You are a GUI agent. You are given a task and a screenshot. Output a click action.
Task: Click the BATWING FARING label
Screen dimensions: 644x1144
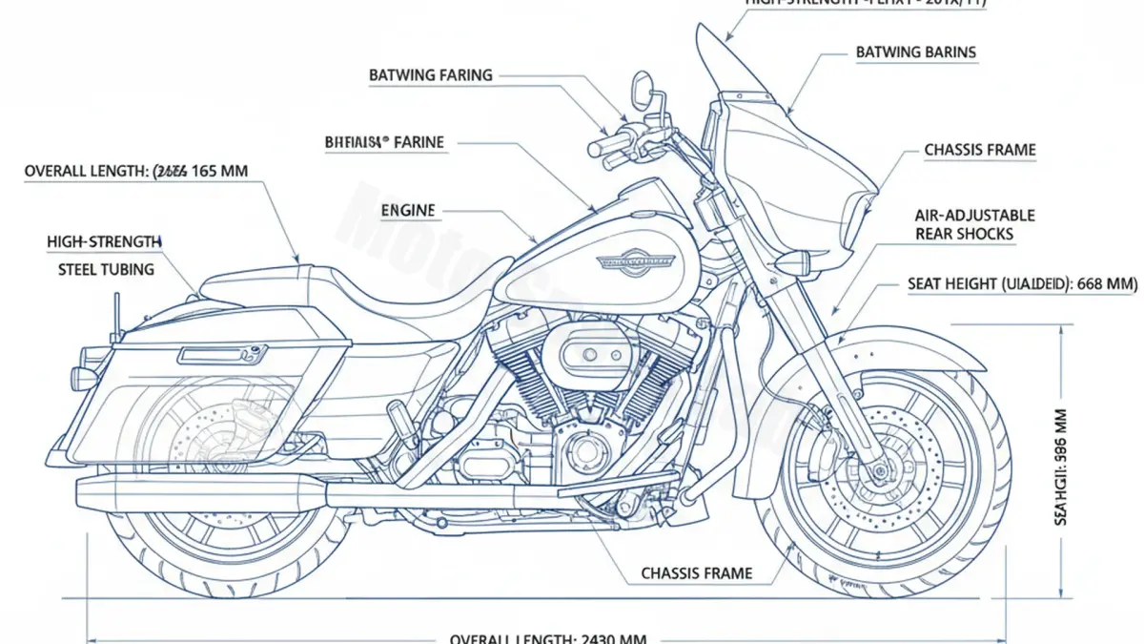(x=431, y=74)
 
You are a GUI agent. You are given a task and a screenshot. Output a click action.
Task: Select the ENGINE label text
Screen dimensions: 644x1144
(x=408, y=210)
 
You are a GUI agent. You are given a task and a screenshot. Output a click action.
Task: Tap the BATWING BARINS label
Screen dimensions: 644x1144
(x=915, y=52)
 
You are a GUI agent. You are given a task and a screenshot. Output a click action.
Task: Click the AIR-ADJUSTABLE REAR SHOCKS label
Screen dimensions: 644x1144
(x=975, y=225)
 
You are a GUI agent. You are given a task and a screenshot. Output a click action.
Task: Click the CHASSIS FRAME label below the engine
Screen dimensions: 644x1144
(x=696, y=573)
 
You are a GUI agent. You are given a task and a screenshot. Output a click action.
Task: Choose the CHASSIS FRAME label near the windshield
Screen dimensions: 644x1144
(x=979, y=150)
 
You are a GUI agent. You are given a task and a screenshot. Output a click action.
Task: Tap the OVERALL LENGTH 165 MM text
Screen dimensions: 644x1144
(x=136, y=172)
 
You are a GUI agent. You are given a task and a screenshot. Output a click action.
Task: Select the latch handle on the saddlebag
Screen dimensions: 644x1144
(x=211, y=355)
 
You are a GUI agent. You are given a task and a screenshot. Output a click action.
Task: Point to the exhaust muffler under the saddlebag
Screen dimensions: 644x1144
(x=200, y=492)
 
